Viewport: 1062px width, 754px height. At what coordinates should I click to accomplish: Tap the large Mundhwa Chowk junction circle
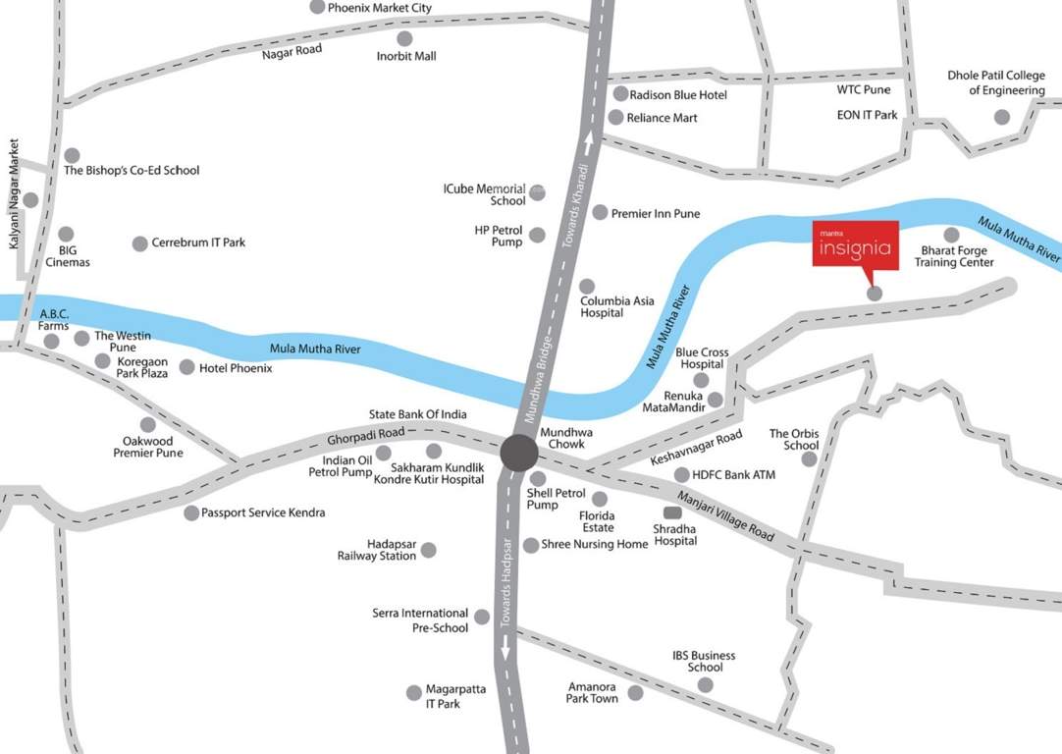519,454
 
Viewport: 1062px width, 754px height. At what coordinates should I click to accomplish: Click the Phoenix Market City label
379,8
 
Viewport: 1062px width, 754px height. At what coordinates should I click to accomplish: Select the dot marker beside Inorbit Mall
404,38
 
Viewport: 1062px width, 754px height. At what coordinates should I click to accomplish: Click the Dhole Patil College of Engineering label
995,83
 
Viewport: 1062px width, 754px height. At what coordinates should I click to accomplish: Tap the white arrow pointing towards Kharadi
590,142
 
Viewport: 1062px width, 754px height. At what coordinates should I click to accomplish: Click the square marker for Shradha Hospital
672,512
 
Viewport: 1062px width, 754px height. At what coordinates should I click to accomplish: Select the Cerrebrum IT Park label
198,242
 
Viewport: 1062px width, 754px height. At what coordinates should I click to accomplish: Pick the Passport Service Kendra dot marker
191,512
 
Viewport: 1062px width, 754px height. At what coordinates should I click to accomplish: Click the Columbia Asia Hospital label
616,306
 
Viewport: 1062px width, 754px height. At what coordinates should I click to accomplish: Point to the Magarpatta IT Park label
454,696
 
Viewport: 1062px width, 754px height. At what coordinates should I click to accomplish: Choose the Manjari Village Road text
726,515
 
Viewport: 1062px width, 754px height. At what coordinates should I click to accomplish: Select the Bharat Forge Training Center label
954,256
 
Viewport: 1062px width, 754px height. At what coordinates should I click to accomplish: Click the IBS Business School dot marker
705,685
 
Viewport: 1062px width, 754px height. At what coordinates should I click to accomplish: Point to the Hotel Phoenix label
236,368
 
